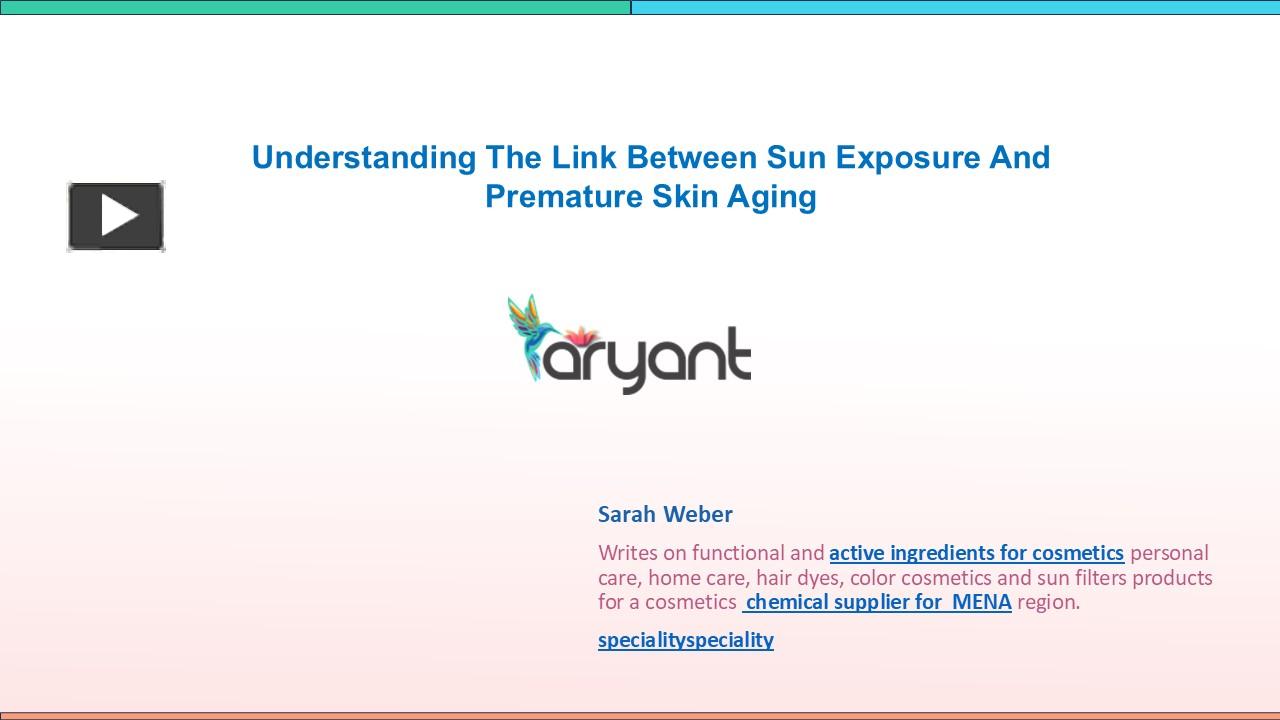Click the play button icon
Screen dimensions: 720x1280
[116, 216]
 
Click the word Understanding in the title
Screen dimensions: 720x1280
[364, 158]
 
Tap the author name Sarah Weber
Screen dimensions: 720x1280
[665, 514]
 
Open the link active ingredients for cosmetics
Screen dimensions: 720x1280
[976, 553]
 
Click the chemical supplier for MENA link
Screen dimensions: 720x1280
[878, 602]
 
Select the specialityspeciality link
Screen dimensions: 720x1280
[686, 640]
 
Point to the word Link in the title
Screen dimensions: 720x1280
[582, 158]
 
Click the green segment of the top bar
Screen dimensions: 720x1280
[315, 7]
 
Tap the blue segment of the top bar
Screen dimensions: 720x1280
[955, 7]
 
